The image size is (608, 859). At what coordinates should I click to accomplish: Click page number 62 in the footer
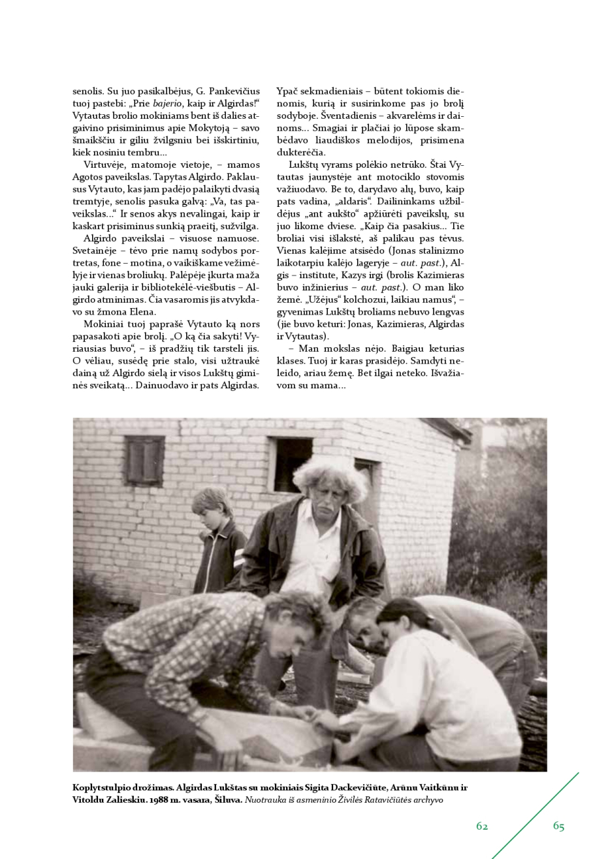tap(482, 826)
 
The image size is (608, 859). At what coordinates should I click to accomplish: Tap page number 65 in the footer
tap(558, 826)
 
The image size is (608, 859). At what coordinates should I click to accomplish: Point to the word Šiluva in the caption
tap(228, 800)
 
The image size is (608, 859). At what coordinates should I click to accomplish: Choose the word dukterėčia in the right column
tap(301, 152)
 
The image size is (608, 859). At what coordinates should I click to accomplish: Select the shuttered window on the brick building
tap(144, 461)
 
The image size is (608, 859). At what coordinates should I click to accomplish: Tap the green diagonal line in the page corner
tap(536, 816)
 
